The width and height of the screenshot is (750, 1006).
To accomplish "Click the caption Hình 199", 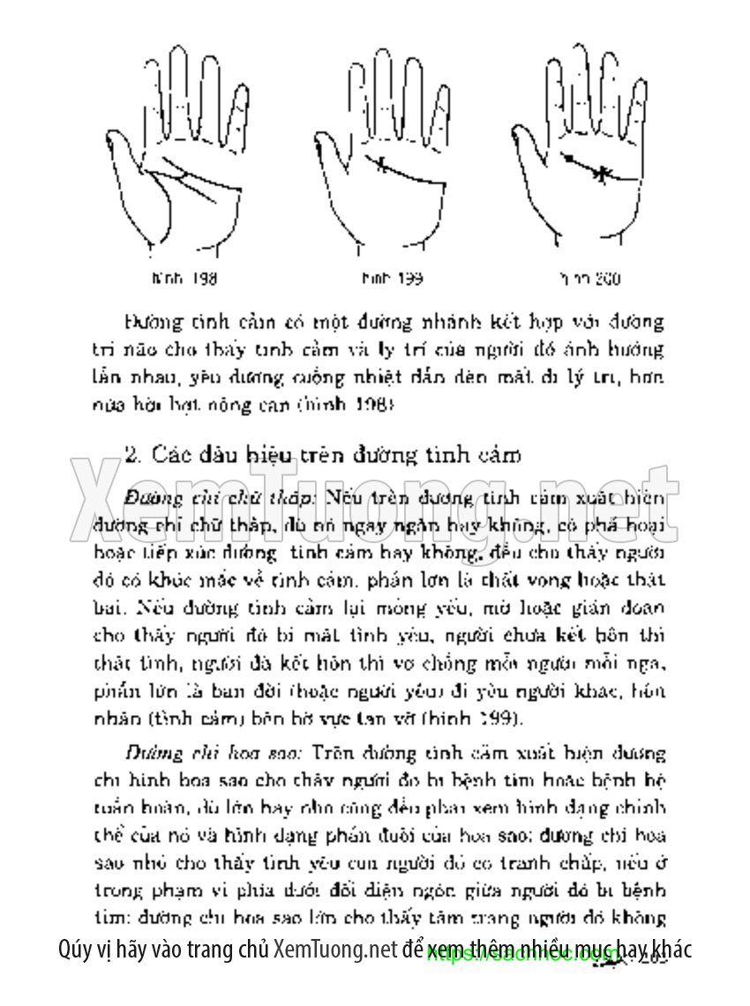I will [392, 279].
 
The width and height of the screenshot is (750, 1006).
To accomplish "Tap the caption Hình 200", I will [589, 279].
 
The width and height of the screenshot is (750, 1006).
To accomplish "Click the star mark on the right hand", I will [600, 174].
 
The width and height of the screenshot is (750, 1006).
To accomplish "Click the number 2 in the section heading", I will [132, 455].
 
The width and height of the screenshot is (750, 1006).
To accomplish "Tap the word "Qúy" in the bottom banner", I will [77, 950].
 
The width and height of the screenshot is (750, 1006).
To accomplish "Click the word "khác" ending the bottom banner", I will [670, 950].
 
